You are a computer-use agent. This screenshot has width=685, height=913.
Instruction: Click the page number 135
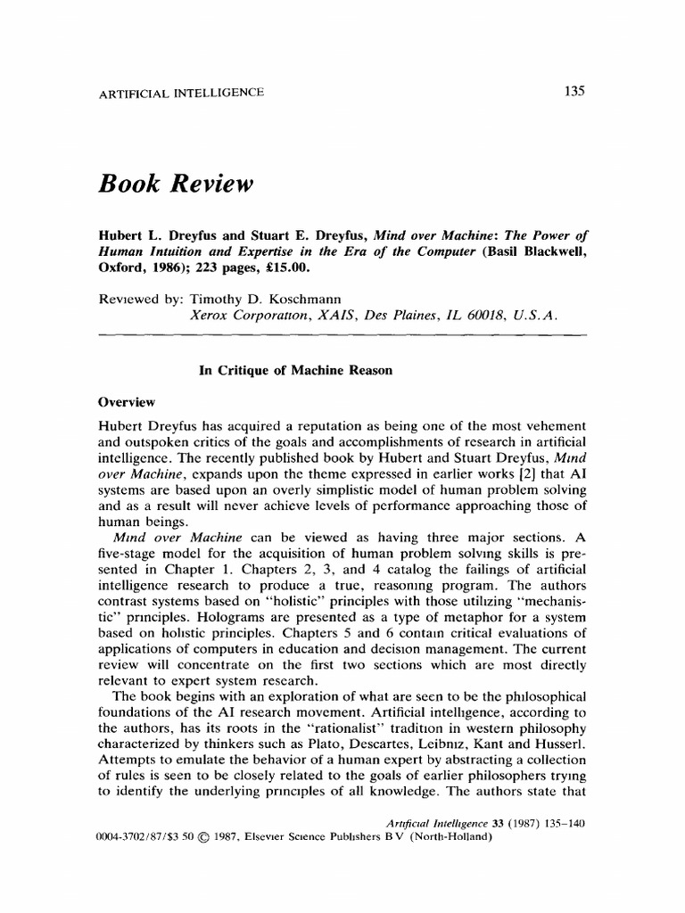click(x=573, y=92)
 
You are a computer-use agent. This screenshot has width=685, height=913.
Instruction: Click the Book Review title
click(x=177, y=184)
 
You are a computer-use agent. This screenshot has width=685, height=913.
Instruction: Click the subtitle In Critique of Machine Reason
click(x=294, y=371)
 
